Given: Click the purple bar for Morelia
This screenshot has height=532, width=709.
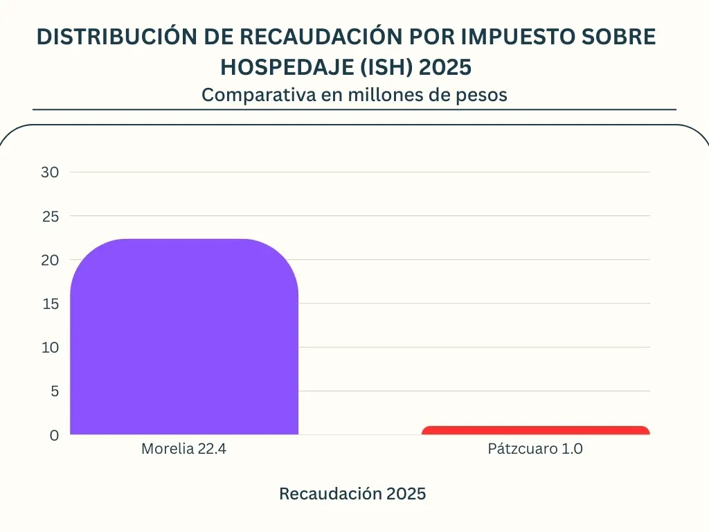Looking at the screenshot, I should point(184,337).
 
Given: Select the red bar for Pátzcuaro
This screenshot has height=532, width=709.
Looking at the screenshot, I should point(535,430).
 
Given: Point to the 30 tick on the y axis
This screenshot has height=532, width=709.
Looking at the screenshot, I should point(50,172).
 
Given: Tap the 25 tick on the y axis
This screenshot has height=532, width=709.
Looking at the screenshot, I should point(50,216).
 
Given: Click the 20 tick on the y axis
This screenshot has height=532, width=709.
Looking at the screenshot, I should point(50,260).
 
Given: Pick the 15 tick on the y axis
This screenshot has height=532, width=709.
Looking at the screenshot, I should point(50,303).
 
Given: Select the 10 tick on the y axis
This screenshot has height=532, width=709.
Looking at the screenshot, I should point(50,347).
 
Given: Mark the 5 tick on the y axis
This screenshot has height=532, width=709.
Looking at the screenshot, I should point(54,391).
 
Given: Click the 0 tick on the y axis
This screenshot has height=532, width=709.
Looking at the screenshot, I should point(54,435).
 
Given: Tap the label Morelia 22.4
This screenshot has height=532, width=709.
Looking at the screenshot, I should point(184,449).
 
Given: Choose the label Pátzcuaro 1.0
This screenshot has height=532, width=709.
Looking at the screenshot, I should point(535,449).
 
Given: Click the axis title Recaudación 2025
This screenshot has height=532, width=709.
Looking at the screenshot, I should point(352,494).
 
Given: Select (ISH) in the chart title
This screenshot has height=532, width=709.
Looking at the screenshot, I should point(388,67).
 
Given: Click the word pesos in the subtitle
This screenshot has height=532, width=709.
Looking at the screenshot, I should point(483,95).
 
